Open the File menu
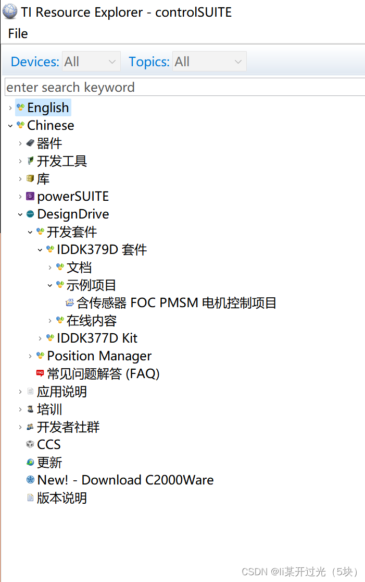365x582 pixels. coord(18,34)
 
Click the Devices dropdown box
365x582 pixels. coord(91,62)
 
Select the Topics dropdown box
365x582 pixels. coord(209,62)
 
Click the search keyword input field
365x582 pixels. coord(182,87)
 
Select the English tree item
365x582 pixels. coord(48,108)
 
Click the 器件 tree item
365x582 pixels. coord(49,143)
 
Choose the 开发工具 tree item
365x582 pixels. coord(61,161)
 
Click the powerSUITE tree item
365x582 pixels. coord(73,197)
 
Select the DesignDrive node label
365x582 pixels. coord(73,214)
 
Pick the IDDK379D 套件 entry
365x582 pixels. coord(102,250)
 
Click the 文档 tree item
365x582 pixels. coord(79,268)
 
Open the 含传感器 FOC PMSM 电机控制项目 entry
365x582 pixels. coord(176,303)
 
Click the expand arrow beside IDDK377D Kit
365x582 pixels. coord(40,338)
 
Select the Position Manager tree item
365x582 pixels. coord(99,356)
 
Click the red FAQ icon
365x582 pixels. coord(40,374)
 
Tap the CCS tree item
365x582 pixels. coord(49,445)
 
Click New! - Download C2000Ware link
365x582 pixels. coord(125,480)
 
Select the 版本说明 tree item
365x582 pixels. coord(61,498)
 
